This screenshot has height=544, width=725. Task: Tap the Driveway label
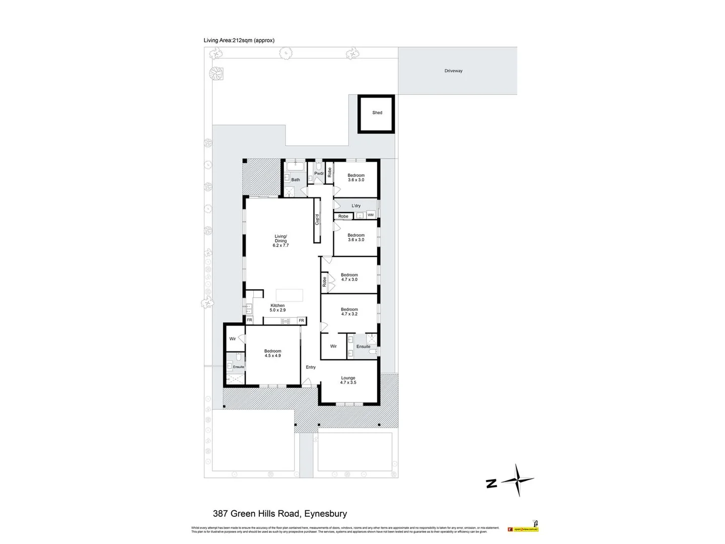pyautogui.click(x=453, y=71)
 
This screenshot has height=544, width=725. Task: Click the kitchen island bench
pyautogui.click(x=289, y=295)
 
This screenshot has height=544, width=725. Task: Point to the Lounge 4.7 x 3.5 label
pyautogui.click(x=348, y=380)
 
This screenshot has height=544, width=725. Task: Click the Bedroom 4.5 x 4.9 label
pyautogui.click(x=273, y=353)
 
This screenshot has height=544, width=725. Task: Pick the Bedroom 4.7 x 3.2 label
pyautogui.click(x=349, y=312)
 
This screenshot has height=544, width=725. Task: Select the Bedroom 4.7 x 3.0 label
pyautogui.click(x=349, y=277)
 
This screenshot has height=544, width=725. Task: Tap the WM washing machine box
pyautogui.click(x=371, y=215)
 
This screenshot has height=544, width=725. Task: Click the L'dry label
pyautogui.click(x=356, y=206)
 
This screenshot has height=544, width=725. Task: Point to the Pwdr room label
pyautogui.click(x=319, y=174)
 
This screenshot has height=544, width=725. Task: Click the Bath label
pyautogui.click(x=296, y=180)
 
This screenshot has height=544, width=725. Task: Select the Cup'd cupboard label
pyautogui.click(x=317, y=220)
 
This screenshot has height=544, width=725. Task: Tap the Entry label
pyautogui.click(x=311, y=367)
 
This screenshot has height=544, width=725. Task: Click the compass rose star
pyautogui.click(x=518, y=480)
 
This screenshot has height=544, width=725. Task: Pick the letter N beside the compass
pyautogui.click(x=491, y=484)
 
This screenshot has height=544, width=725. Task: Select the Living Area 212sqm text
pyautogui.click(x=239, y=40)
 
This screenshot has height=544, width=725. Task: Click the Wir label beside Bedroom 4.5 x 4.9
pyautogui.click(x=233, y=339)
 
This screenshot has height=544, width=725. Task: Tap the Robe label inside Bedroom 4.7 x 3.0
pyautogui.click(x=325, y=282)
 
